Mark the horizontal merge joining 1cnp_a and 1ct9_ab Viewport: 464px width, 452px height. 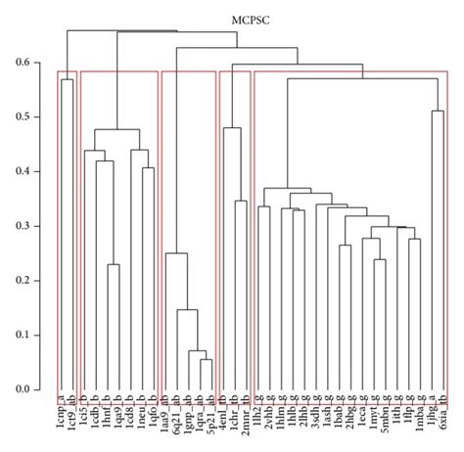point(68,80)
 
